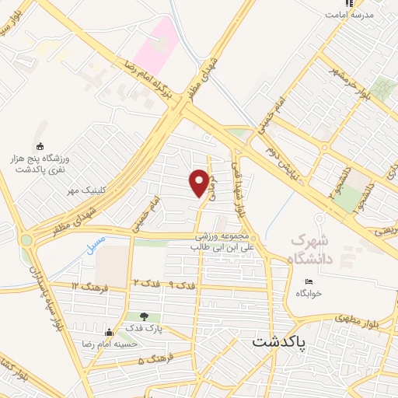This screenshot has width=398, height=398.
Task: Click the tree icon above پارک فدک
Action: click(x=144, y=316)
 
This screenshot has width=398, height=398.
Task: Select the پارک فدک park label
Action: click(x=144, y=330)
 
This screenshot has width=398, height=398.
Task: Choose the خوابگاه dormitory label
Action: click(x=309, y=294)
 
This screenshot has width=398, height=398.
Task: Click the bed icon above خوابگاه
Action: click(x=309, y=282)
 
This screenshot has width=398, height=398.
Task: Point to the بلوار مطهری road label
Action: click(x=340, y=317)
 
